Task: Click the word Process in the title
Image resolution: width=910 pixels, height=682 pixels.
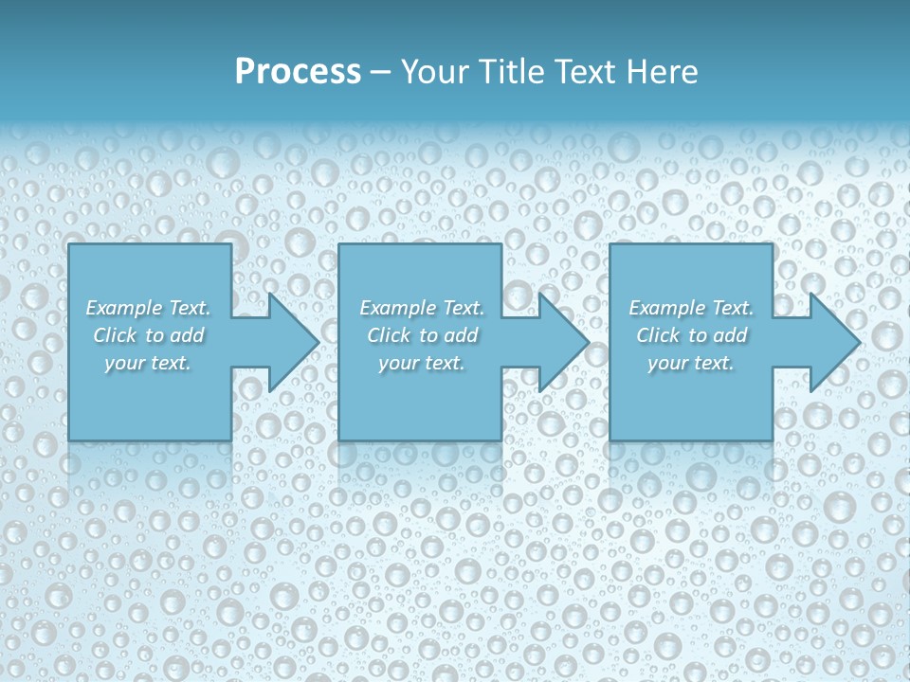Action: tap(298, 72)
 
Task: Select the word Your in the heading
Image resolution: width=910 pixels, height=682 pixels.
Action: tap(435, 72)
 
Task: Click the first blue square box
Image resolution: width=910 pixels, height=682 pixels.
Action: tap(150, 407)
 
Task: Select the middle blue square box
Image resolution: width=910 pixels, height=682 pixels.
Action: tap(420, 407)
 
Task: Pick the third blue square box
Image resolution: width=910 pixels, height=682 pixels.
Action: tap(690, 407)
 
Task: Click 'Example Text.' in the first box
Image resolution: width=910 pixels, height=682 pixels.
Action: tap(148, 308)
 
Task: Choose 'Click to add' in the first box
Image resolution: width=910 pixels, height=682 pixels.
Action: tap(148, 335)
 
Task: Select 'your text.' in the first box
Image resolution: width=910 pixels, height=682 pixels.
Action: tap(148, 363)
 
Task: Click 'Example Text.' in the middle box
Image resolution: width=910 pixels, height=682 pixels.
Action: tap(421, 308)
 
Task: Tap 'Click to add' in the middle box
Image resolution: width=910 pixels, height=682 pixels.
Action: tap(421, 335)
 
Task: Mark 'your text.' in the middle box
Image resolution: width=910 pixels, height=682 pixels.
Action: tap(421, 363)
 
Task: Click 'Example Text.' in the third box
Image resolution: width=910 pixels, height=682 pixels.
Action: tap(690, 308)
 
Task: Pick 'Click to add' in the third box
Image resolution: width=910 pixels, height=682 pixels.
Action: tap(690, 335)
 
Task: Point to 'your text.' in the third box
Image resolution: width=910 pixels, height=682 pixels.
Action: tap(690, 363)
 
